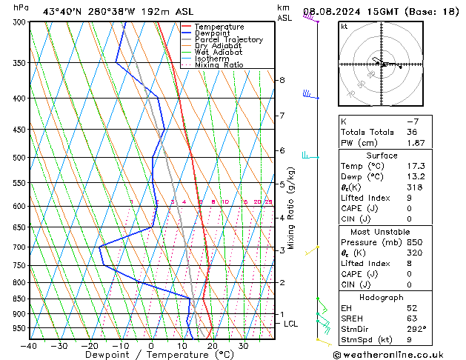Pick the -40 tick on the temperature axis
point(30,346)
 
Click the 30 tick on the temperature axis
point(243,346)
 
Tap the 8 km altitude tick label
point(282,80)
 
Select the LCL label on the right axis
point(291,324)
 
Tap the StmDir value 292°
point(418,329)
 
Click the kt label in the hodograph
point(344,27)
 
